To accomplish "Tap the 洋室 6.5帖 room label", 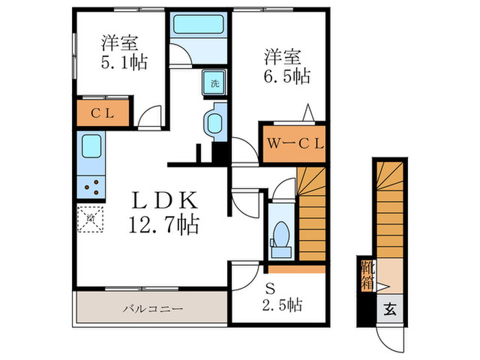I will [283, 65].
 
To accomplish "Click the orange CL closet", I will [102, 115].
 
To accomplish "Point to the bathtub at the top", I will [198, 26].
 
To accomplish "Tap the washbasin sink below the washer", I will [214, 123].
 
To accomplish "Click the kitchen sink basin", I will [91, 147].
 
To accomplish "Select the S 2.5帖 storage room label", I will [278, 296].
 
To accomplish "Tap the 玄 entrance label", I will [389, 309].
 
